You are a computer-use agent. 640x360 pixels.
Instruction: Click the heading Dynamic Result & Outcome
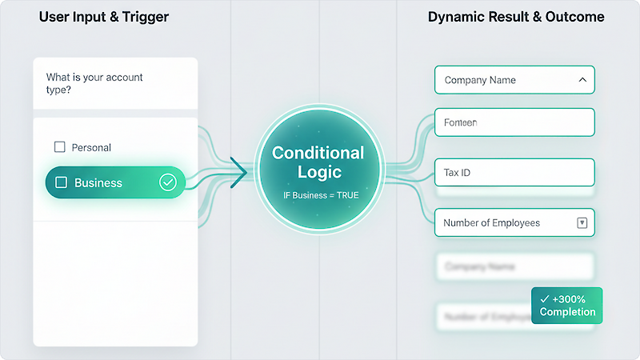pyautogui.click(x=516, y=17)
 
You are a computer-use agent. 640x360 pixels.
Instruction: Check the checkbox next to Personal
pyautogui.click(x=59, y=147)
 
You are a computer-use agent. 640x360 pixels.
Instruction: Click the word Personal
pyautogui.click(x=91, y=147)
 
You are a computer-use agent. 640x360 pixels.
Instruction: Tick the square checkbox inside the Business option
pyautogui.click(x=61, y=182)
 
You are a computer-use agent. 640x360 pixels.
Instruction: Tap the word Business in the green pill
pyautogui.click(x=98, y=182)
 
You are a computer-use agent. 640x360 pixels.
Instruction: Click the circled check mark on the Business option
pyautogui.click(x=167, y=182)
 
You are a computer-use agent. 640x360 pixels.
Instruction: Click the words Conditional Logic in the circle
pyautogui.click(x=318, y=162)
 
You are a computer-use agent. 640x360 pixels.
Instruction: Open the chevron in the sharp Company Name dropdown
pyautogui.click(x=582, y=80)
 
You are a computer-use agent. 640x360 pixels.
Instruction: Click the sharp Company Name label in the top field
pyautogui.click(x=480, y=80)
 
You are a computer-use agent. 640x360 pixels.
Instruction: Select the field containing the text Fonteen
pyautogui.click(x=514, y=122)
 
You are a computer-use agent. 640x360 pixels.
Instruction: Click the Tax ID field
pyautogui.click(x=514, y=173)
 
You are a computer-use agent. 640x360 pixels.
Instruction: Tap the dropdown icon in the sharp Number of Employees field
pyautogui.click(x=582, y=223)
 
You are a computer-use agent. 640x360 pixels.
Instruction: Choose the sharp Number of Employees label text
pyautogui.click(x=492, y=223)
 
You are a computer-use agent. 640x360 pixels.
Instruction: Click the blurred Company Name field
pyautogui.click(x=514, y=266)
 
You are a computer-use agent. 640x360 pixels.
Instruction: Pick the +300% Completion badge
pyautogui.click(x=566, y=305)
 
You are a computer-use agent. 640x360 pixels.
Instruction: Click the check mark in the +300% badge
pyautogui.click(x=544, y=298)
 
